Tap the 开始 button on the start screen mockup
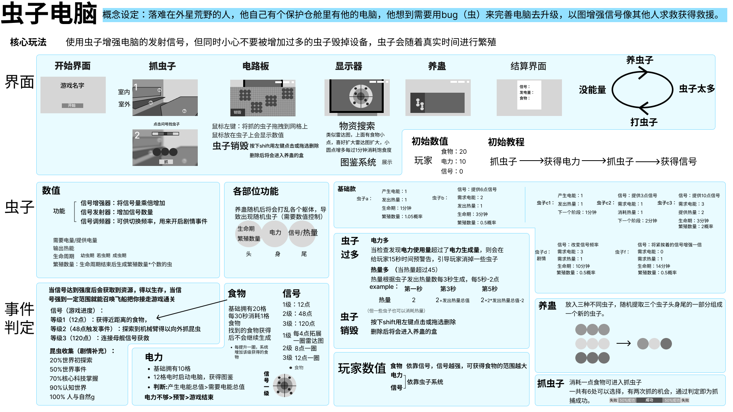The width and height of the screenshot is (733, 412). click(x=72, y=106)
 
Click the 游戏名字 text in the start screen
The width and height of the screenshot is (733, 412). click(x=72, y=85)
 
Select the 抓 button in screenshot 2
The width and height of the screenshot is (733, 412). click(x=166, y=162)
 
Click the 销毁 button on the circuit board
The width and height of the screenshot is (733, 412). click(x=237, y=112)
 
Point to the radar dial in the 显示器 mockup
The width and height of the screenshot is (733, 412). click(x=361, y=96)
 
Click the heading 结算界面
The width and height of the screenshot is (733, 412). click(x=528, y=66)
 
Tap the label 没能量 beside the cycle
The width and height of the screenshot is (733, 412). click(x=592, y=90)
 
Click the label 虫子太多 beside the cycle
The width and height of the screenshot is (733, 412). click(x=697, y=89)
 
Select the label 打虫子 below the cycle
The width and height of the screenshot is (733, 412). click(x=644, y=122)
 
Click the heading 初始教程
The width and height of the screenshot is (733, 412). click(x=506, y=142)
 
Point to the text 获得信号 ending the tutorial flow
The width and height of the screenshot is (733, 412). click(x=678, y=162)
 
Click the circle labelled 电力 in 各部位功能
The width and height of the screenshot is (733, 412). click(x=275, y=233)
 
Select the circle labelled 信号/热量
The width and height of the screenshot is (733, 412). click(x=303, y=233)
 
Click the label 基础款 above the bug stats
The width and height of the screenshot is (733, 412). click(x=346, y=189)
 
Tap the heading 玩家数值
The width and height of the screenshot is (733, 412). click(x=362, y=369)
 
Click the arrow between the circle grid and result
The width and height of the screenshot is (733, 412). click(x=623, y=344)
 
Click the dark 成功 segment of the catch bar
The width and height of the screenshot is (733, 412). click(x=649, y=400)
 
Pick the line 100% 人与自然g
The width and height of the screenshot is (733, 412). click(x=72, y=397)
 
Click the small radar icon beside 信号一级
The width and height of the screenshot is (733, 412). click(x=284, y=386)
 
